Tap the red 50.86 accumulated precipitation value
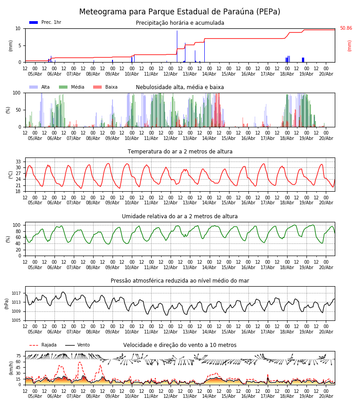pos(346,28)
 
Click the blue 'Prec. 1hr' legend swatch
pos(34,22)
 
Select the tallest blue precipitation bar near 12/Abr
pos(177,46)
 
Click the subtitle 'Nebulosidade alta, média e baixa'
pos(180,87)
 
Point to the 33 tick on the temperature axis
pos(18,162)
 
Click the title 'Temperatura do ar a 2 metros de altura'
pos(180,152)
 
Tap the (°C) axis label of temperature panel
pos(11,175)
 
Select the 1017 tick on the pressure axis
pos(16,293)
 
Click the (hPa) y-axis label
pos(7,304)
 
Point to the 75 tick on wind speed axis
pos(18,356)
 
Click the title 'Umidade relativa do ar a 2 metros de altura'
pos(180,216)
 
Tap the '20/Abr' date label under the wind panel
pos(326,396)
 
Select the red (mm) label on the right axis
pos(349,46)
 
